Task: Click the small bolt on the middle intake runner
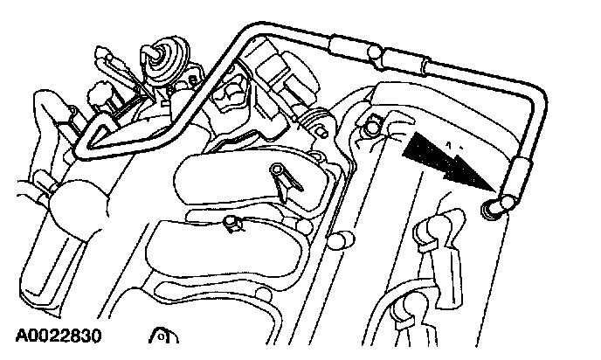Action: pyautogui.click(x=231, y=225)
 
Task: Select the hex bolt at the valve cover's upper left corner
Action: pyautogui.click(x=374, y=128)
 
